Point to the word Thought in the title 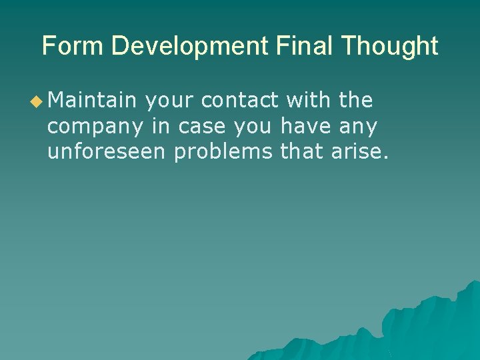tap(390, 46)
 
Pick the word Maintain tap(91, 101)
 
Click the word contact tap(239, 101)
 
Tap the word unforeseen tap(107, 151)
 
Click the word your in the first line tap(169, 102)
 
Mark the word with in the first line tap(309, 101)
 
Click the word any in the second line tap(359, 127)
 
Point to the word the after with tap(356, 101)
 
